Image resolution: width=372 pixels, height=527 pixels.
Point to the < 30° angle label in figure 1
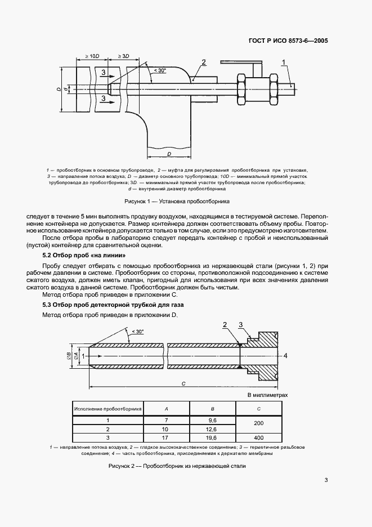pos(159,70)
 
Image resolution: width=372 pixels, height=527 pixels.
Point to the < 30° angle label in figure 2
pos(135,332)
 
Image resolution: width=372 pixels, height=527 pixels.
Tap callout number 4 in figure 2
pos(285,356)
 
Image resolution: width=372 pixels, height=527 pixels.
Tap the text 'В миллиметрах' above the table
pos(268,395)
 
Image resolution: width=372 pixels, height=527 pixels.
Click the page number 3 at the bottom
pos(326,480)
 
